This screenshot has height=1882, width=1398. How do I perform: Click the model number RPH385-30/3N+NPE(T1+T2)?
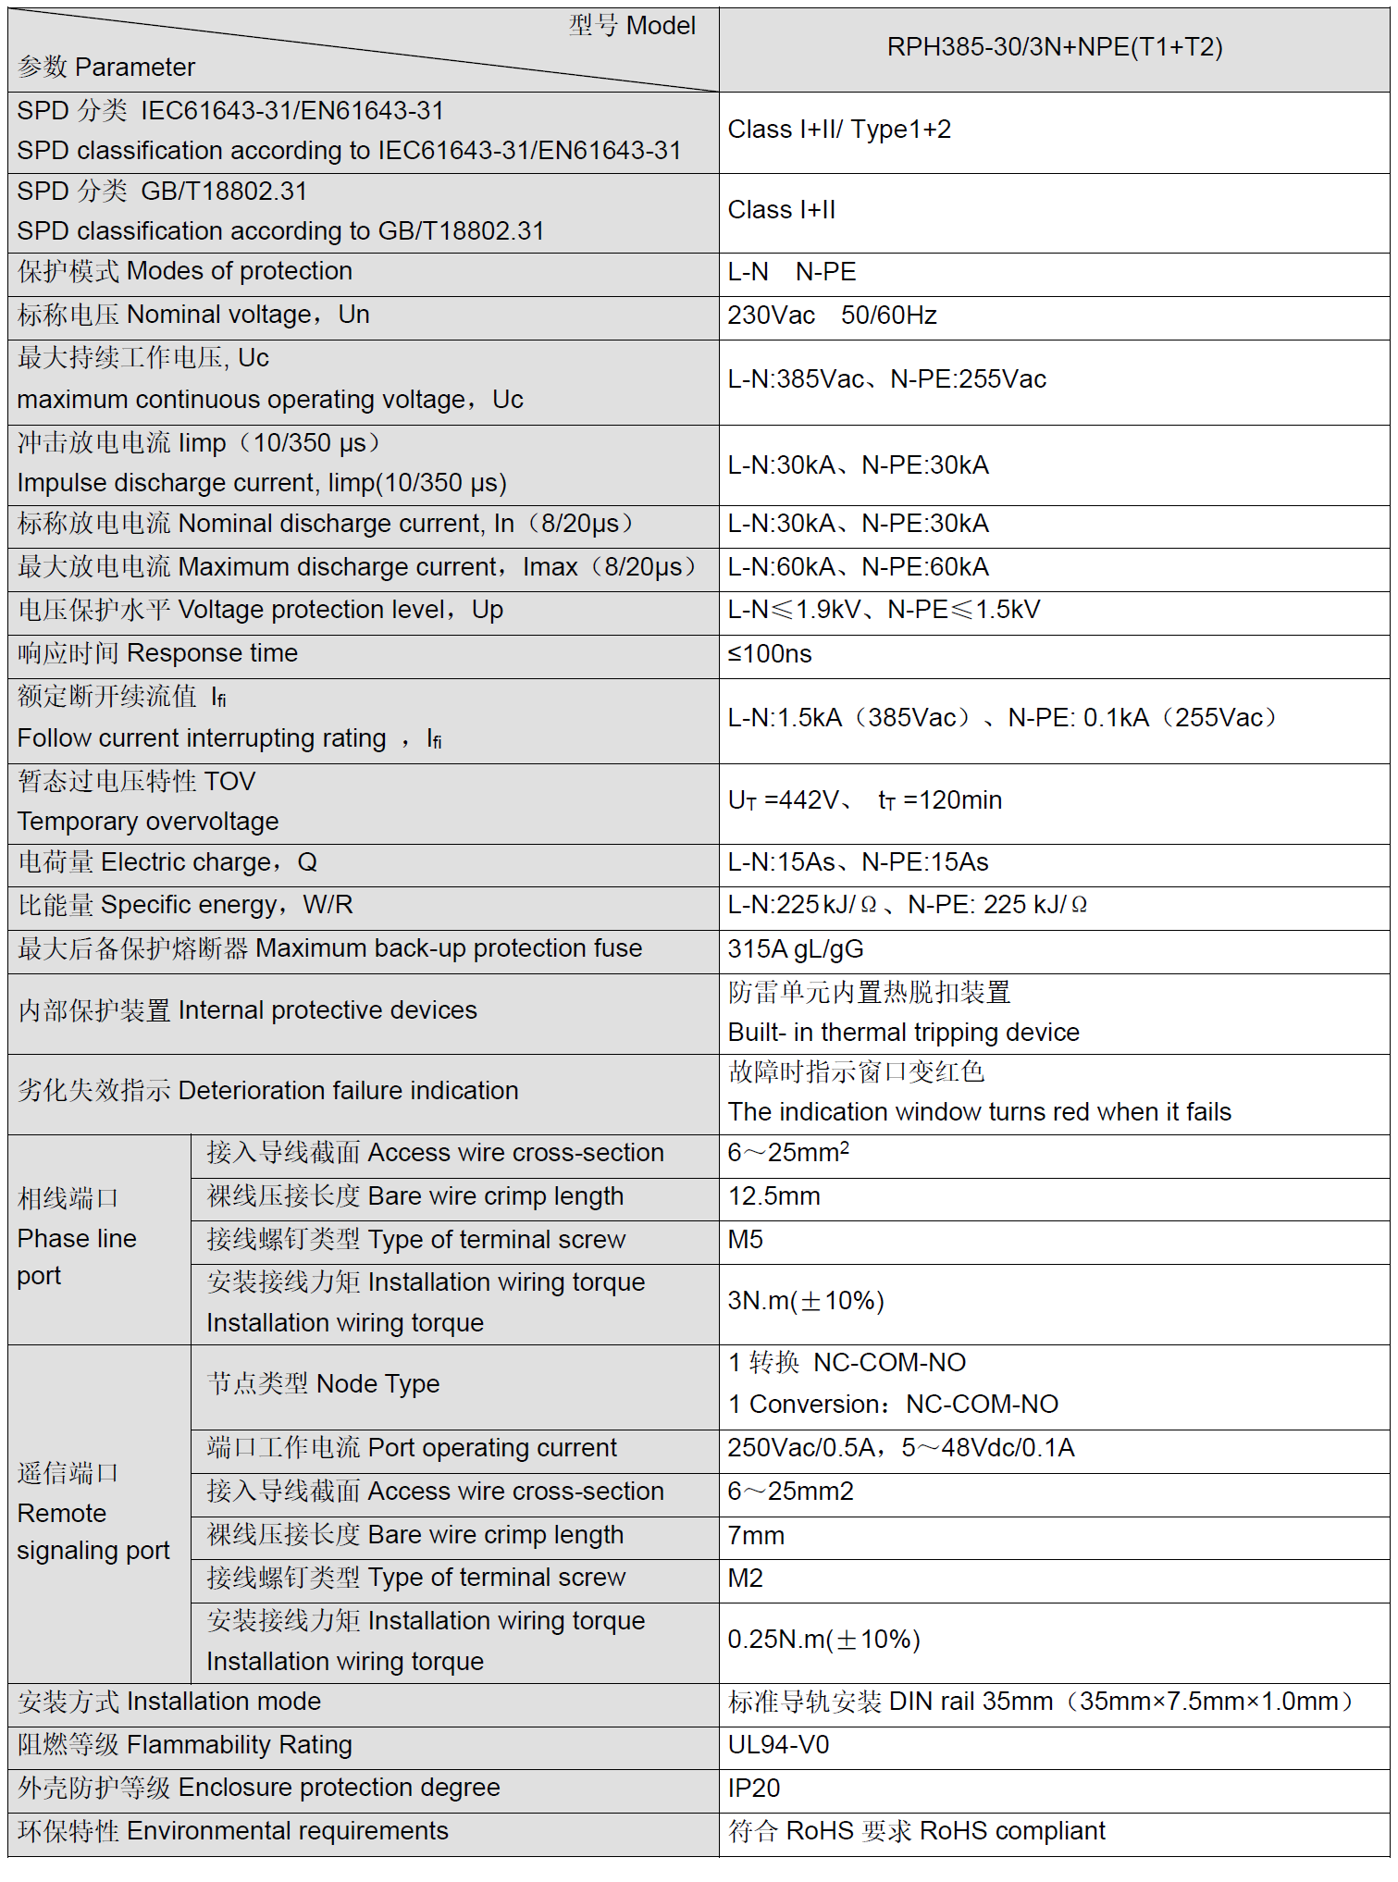click(1054, 47)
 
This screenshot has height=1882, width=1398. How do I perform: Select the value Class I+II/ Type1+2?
click(838, 130)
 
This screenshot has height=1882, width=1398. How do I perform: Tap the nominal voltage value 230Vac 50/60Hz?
click(831, 316)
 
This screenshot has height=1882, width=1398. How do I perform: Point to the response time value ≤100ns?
click(769, 654)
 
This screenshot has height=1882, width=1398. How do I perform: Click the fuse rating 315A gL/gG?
click(795, 949)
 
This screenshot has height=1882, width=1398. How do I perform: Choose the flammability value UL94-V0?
click(777, 1745)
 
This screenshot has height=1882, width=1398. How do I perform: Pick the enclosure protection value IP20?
click(753, 1789)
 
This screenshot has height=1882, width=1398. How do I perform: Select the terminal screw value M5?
click(745, 1240)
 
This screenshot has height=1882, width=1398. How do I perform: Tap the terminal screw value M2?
click(745, 1579)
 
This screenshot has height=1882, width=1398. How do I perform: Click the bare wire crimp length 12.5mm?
click(773, 1196)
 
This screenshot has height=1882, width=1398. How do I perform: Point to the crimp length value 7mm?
click(755, 1536)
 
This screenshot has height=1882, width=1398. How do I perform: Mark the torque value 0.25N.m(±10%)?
click(823, 1640)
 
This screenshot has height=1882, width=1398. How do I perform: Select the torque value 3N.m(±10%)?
click(805, 1301)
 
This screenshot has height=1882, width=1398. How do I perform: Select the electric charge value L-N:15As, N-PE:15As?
click(858, 862)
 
